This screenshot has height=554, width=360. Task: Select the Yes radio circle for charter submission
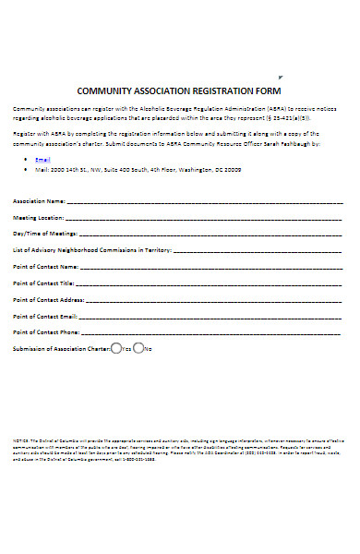[115, 348]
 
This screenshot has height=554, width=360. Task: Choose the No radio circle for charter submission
[138, 348]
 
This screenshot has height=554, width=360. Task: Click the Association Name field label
[39, 199]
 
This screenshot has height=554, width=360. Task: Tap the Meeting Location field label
[40, 217]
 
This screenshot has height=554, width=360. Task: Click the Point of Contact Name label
[46, 266]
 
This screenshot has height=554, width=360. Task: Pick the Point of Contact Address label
[49, 300]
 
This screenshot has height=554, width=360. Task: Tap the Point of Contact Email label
[46, 316]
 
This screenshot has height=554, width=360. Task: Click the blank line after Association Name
[203, 200]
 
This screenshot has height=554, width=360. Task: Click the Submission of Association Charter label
[61, 349]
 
